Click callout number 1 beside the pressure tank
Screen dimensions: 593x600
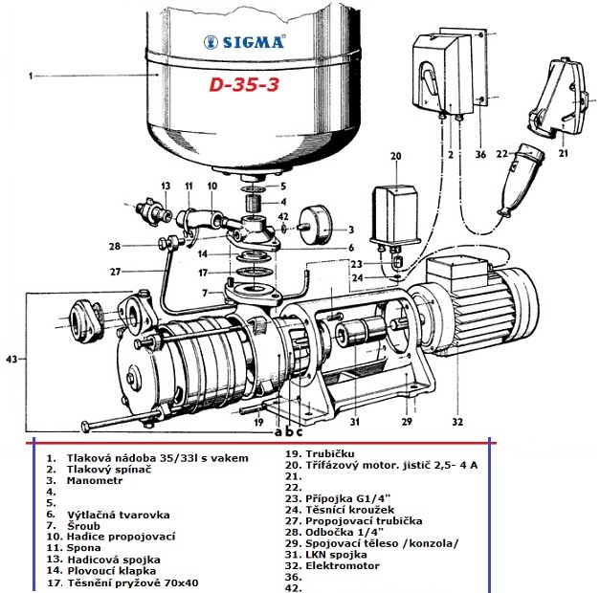pyautogui.click(x=32, y=74)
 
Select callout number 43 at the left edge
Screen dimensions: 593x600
pyautogui.click(x=11, y=359)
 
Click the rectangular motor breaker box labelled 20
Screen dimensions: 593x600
pyautogui.click(x=396, y=212)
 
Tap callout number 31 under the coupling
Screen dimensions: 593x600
pyautogui.click(x=354, y=421)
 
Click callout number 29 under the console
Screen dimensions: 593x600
pyautogui.click(x=405, y=421)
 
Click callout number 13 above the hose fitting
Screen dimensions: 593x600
pyautogui.click(x=165, y=185)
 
